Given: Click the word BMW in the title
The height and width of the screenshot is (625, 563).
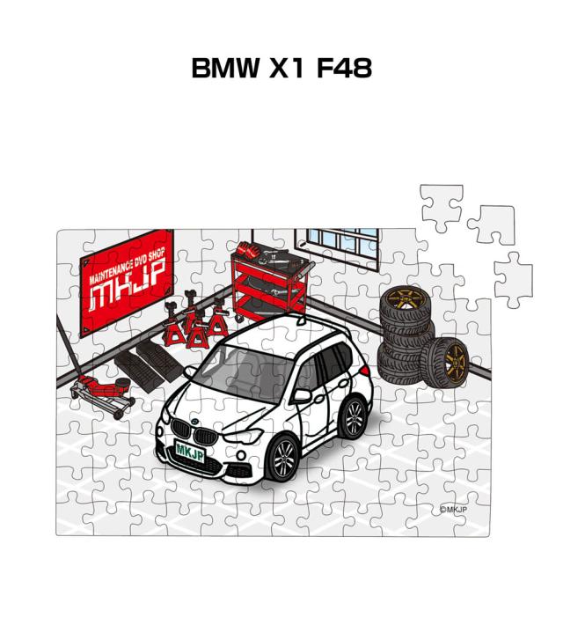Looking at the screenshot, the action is (x=225, y=68).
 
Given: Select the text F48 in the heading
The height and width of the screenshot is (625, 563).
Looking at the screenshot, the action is (x=344, y=68).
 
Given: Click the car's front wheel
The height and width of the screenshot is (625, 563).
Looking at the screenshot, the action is (x=283, y=459).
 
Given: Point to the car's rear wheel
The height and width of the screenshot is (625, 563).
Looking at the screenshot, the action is (x=353, y=416).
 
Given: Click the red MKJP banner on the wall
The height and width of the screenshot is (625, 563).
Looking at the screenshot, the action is (x=127, y=283).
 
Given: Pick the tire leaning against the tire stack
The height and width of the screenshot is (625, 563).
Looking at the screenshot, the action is (x=445, y=363).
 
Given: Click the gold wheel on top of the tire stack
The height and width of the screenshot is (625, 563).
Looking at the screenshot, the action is (x=405, y=301).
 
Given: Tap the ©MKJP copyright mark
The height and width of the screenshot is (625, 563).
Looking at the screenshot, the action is (x=453, y=509).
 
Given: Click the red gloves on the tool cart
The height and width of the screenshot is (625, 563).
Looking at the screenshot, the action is (x=247, y=249).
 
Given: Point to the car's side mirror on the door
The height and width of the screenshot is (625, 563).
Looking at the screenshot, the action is (x=303, y=394).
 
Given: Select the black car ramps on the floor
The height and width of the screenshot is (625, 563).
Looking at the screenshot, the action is (x=146, y=363).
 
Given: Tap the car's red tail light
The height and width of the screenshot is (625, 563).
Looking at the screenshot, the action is (x=364, y=371).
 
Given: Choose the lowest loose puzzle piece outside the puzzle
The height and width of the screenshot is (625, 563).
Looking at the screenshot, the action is (x=513, y=280).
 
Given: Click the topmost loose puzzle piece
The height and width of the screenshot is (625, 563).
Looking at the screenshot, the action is (x=442, y=208).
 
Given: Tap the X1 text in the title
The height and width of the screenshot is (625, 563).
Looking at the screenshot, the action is (x=288, y=68).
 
